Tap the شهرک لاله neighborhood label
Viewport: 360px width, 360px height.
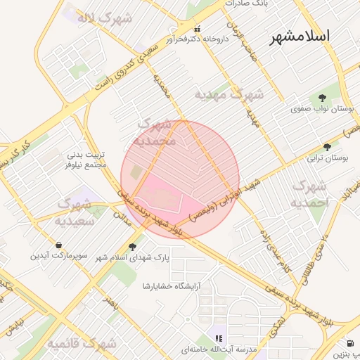(x=105, y=18)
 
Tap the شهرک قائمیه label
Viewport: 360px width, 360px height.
(x=82, y=344)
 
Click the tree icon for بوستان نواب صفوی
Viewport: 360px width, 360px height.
(x=323, y=98)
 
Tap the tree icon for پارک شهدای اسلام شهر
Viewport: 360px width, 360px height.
(x=132, y=246)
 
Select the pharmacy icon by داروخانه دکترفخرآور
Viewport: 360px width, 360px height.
(x=197, y=30)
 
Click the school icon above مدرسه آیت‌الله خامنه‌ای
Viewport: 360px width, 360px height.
(x=218, y=338)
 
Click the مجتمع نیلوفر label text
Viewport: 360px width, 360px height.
(x=86, y=164)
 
